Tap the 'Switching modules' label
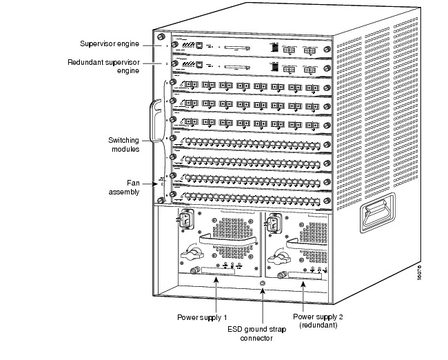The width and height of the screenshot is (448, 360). tap(124, 143)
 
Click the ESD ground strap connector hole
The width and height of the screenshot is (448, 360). tap(261, 283)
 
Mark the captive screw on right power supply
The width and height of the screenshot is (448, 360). tap(281, 277)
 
